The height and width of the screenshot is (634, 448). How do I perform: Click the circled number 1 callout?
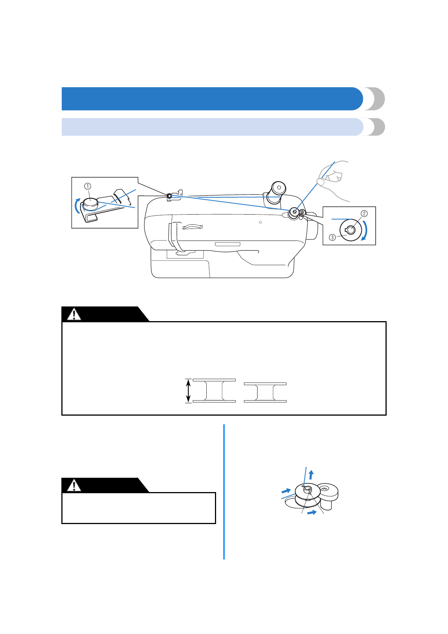(x=87, y=186)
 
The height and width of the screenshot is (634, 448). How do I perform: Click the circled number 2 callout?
(x=364, y=213)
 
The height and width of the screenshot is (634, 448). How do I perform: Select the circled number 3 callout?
(x=332, y=237)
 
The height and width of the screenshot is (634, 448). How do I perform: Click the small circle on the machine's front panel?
(x=260, y=223)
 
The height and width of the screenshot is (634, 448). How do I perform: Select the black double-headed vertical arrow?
(x=189, y=391)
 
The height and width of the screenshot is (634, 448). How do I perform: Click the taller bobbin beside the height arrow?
(x=214, y=391)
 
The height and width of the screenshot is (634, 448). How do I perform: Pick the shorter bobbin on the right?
(x=265, y=392)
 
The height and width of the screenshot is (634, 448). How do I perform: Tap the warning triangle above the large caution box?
(x=74, y=314)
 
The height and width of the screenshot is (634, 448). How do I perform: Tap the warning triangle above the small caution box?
(x=74, y=485)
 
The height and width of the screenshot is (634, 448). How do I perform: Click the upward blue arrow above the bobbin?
(x=311, y=474)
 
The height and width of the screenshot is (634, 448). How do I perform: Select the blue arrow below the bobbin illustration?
(x=312, y=513)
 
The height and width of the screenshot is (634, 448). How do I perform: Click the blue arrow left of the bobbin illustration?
(x=286, y=491)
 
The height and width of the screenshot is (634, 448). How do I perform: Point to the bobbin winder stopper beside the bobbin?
(x=329, y=493)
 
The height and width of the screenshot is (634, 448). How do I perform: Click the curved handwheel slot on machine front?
(x=192, y=227)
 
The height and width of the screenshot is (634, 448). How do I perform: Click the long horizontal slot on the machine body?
(x=227, y=244)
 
